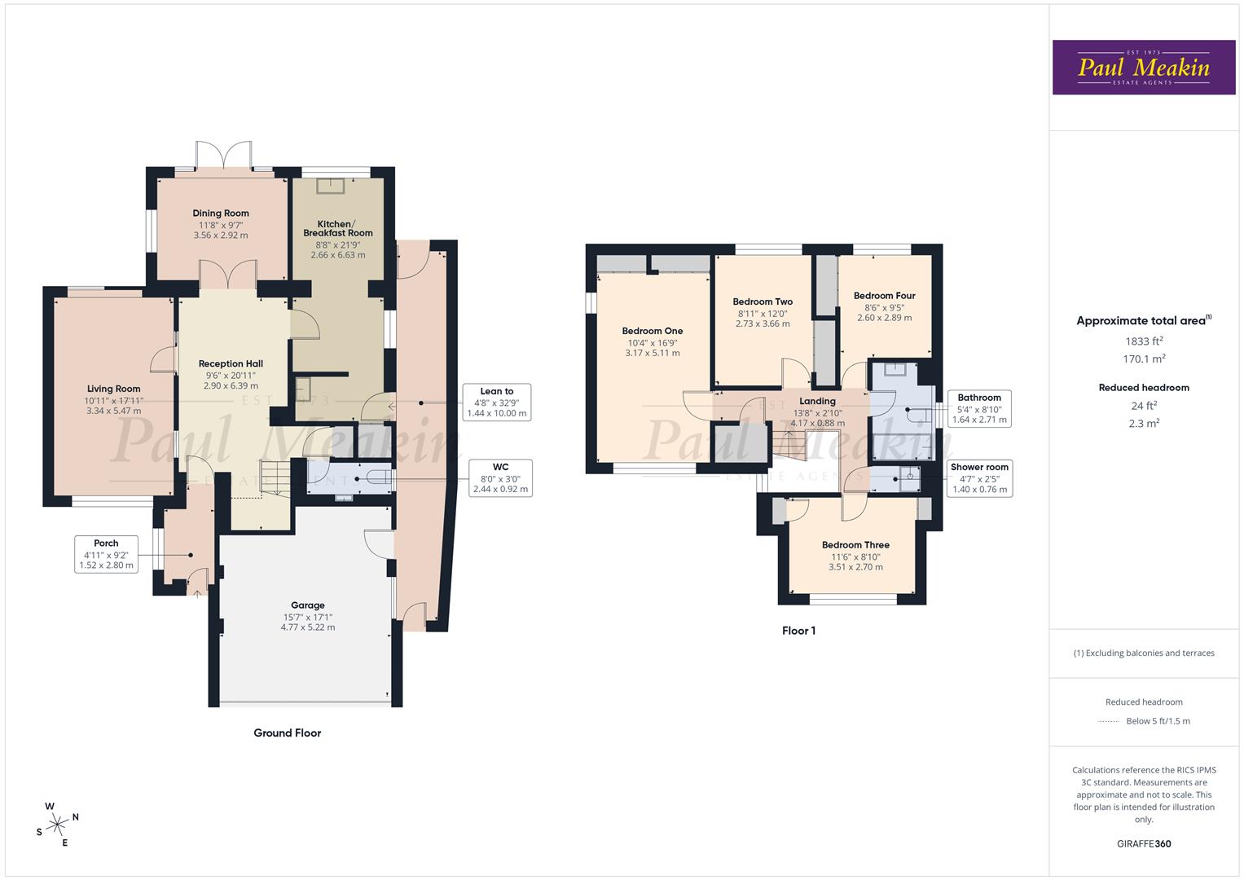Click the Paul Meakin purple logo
pyautogui.click(x=1143, y=67)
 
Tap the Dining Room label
pyautogui.click(x=221, y=213)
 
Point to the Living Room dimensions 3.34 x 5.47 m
pyautogui.click(x=114, y=411)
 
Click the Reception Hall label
pyautogui.click(x=231, y=363)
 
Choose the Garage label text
pyautogui.click(x=308, y=605)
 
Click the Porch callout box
pyautogui.click(x=106, y=554)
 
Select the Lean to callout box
pyautogui.click(x=496, y=403)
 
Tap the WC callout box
pyautogui.click(x=500, y=478)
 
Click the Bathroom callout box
pyautogui.click(x=979, y=409)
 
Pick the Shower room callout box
pyautogui.click(x=979, y=478)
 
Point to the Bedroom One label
pyautogui.click(x=652, y=331)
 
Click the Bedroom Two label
pyautogui.click(x=763, y=301)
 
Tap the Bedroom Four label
pyautogui.click(x=884, y=296)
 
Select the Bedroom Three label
pyautogui.click(x=855, y=545)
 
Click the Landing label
pyautogui.click(x=817, y=401)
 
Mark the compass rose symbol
pyautogui.click(x=57, y=825)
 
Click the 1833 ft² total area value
pyautogui.click(x=1144, y=341)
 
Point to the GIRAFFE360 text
pyautogui.click(x=1144, y=844)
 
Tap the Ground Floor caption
pyautogui.click(x=287, y=733)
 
